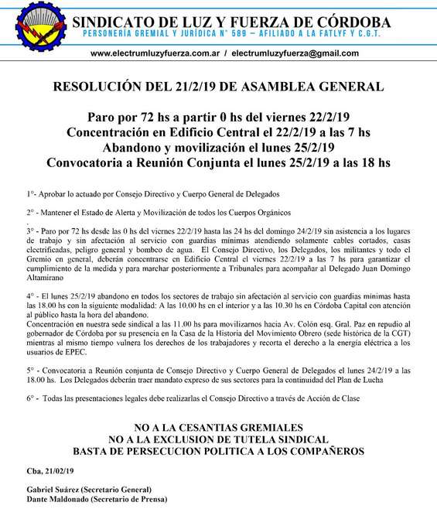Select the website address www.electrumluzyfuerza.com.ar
pos(155,53)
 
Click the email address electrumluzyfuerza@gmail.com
pos(295,53)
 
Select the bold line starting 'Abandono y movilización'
pos(218,148)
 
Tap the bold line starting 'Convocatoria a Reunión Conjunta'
pos(218,163)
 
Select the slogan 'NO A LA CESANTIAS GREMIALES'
pos(217,427)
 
